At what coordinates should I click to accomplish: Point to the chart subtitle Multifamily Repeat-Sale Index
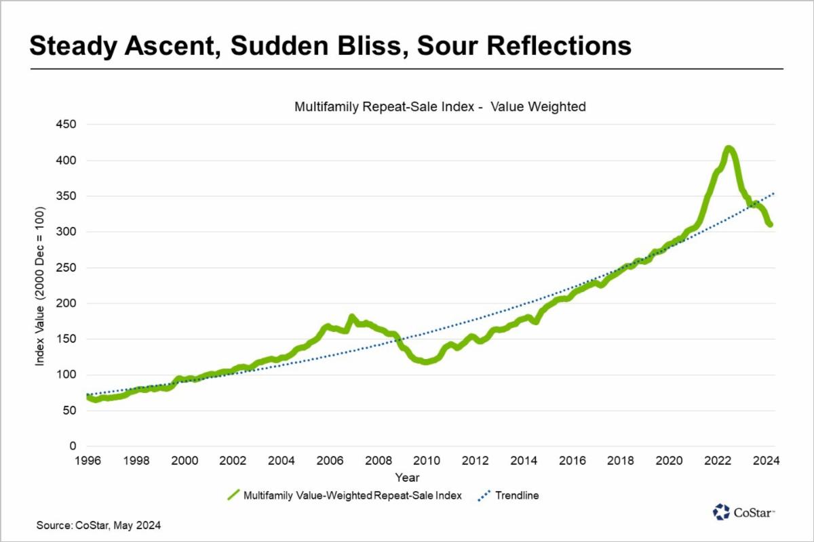pos(384,107)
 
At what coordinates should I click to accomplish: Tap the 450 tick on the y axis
pos(66,124)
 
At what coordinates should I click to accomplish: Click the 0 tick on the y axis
pos(73,446)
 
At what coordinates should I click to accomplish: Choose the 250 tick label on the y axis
pos(66,268)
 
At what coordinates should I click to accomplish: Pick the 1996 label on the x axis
pos(88,461)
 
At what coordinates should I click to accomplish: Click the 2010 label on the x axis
pos(427,461)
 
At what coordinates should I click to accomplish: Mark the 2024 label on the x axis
pos(766,461)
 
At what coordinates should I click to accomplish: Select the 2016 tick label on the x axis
pos(573,461)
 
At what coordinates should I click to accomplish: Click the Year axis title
pos(407,478)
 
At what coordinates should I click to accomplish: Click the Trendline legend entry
pos(508,495)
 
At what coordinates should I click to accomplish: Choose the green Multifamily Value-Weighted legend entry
pos(345,495)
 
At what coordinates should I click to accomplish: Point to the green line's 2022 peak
pos(728,148)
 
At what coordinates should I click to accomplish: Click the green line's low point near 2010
pos(426,362)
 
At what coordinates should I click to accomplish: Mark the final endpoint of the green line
pos(770,225)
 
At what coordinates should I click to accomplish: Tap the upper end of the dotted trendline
pos(774,194)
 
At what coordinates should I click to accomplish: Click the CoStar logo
pos(743,512)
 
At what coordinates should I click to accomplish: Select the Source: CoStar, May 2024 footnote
pos(98,525)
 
